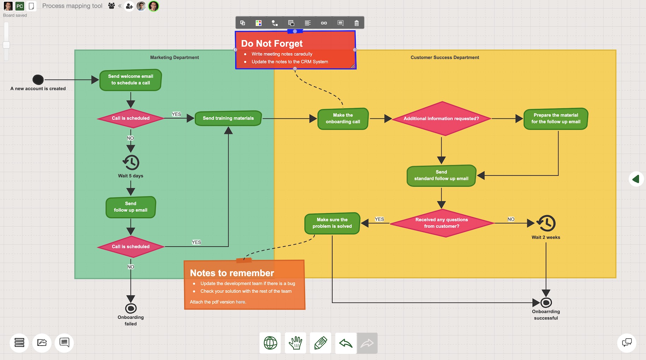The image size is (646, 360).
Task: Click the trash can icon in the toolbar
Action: (357, 23)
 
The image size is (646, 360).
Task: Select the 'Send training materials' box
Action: (228, 118)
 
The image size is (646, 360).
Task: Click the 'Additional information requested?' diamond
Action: (441, 119)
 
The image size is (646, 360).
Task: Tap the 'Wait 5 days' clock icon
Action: (131, 162)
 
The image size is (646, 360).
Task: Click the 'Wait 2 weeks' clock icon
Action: (546, 223)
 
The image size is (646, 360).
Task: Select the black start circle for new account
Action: (38, 80)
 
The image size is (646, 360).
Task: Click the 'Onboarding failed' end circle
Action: (131, 308)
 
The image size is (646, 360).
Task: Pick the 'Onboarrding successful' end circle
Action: (546, 302)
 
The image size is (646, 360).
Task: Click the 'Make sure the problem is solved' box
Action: (332, 223)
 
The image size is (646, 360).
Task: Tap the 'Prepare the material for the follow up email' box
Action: (556, 119)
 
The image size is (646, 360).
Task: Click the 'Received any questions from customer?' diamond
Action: (442, 223)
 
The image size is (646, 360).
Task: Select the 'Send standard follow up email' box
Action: (441, 175)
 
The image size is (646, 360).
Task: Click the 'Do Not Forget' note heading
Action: (272, 43)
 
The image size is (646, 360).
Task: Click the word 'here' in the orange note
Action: (240, 302)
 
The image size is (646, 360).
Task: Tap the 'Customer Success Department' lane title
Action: (445, 57)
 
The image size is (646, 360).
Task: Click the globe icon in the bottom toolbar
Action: (270, 343)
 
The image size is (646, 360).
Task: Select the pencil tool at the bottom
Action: (321, 343)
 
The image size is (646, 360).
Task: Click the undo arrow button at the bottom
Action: (346, 343)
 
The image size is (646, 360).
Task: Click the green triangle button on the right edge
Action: (636, 179)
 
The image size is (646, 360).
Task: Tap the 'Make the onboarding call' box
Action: (343, 119)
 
